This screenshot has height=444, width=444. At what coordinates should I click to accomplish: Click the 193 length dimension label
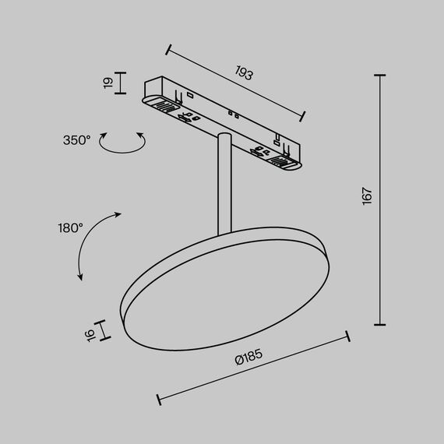(x=245, y=75)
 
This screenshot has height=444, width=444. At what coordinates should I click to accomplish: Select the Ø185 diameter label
(x=248, y=358)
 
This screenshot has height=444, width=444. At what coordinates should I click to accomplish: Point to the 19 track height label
(x=108, y=83)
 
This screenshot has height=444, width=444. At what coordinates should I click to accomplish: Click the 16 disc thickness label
(x=90, y=333)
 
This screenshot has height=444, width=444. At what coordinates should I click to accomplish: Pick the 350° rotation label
(x=77, y=140)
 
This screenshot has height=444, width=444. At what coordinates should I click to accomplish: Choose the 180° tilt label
(x=70, y=228)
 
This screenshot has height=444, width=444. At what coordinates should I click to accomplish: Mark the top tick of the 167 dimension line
(x=381, y=76)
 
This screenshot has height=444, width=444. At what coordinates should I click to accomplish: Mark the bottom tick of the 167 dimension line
(x=381, y=324)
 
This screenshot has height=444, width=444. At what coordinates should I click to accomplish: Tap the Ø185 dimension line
(x=253, y=369)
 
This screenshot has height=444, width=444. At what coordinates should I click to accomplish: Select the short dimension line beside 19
(x=120, y=83)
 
